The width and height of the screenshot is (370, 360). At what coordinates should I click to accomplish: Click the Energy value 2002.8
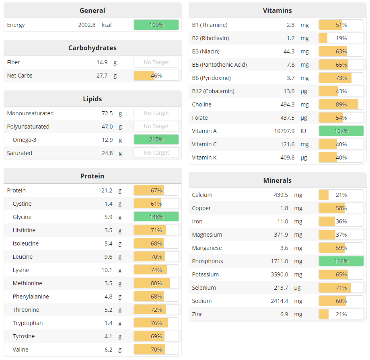click(87, 25)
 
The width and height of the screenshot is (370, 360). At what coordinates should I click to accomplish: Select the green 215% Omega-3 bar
click(156, 140)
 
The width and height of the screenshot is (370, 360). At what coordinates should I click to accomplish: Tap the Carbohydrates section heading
click(92, 48)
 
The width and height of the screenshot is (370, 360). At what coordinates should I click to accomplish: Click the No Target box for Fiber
click(156, 62)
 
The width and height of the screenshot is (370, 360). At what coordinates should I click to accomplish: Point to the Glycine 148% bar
click(156, 217)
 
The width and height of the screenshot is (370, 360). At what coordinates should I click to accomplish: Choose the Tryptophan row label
click(27, 323)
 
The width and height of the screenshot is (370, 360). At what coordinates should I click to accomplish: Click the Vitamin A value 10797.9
click(284, 131)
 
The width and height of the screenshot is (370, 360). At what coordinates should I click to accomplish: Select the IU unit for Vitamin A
click(303, 131)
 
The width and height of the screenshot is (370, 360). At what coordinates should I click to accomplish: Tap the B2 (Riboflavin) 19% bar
click(341, 38)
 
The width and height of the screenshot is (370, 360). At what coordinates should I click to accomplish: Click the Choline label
click(201, 104)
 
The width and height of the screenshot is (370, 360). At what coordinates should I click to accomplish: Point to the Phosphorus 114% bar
click(341, 261)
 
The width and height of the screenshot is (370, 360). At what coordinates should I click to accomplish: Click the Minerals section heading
click(277, 180)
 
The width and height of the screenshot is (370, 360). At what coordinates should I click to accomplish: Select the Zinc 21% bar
click(341, 314)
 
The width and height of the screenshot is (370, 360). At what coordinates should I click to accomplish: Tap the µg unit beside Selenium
click(298, 288)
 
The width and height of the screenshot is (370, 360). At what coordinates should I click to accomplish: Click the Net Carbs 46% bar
click(156, 76)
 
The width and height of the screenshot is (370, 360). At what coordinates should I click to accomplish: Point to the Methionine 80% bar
click(156, 283)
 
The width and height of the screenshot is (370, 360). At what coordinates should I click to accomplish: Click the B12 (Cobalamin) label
click(213, 91)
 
